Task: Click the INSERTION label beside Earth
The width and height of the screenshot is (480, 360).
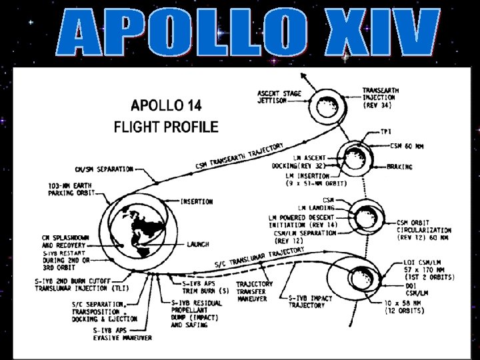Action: (x=197, y=201)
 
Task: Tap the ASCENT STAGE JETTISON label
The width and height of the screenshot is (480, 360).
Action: (x=279, y=97)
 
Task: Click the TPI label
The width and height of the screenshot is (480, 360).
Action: (x=386, y=131)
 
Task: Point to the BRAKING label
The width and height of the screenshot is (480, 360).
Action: (x=400, y=167)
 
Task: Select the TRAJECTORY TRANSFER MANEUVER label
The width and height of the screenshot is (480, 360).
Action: (x=254, y=291)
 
